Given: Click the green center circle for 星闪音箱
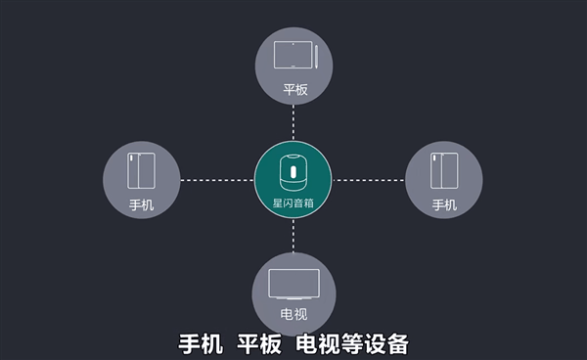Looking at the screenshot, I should pos(293,180).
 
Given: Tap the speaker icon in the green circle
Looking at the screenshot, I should pos(293,170).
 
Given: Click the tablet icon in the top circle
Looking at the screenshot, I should pos(291,54).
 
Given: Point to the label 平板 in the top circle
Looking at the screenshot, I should pos(293,89).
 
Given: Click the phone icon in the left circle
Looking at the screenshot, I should pos(141,172).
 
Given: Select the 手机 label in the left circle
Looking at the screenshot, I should pos(141,205).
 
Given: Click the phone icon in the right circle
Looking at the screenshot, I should pos(444,172).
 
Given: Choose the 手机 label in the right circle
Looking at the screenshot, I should pos(444,205).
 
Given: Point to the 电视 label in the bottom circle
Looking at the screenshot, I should pos(293,315).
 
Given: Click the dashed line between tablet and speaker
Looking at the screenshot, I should pos(293,123).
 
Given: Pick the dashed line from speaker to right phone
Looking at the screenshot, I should pos(369,180).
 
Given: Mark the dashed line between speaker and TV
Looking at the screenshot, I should pos(293,236).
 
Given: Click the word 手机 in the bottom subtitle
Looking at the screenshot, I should pos(203,345).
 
